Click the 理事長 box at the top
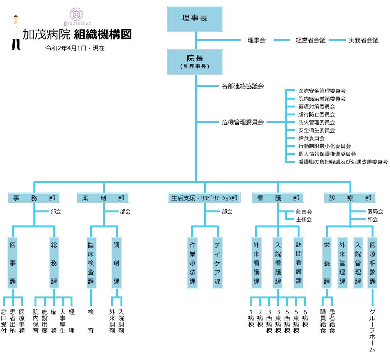coord(195,18)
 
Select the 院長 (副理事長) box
coord(195,62)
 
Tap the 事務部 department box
coord(34,198)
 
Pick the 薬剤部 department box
coord(103,198)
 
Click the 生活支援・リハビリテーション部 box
coord(204,198)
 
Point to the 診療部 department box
coord(350,198)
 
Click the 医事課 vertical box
coord(13,263)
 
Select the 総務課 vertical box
coord(54,263)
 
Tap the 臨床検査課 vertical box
coord(91,263)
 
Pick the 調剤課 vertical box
coord(116,263)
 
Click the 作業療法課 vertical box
coord(192,263)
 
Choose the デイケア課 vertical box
coord(217,263)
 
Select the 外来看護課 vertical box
coord(256,263)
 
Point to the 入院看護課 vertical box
coord(278,263)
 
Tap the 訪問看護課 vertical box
coord(299,262)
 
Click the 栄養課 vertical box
coord(327,263)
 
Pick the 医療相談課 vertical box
coord(373,263)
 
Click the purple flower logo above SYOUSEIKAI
coord(77,14)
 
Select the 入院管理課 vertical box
coord(358,263)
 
